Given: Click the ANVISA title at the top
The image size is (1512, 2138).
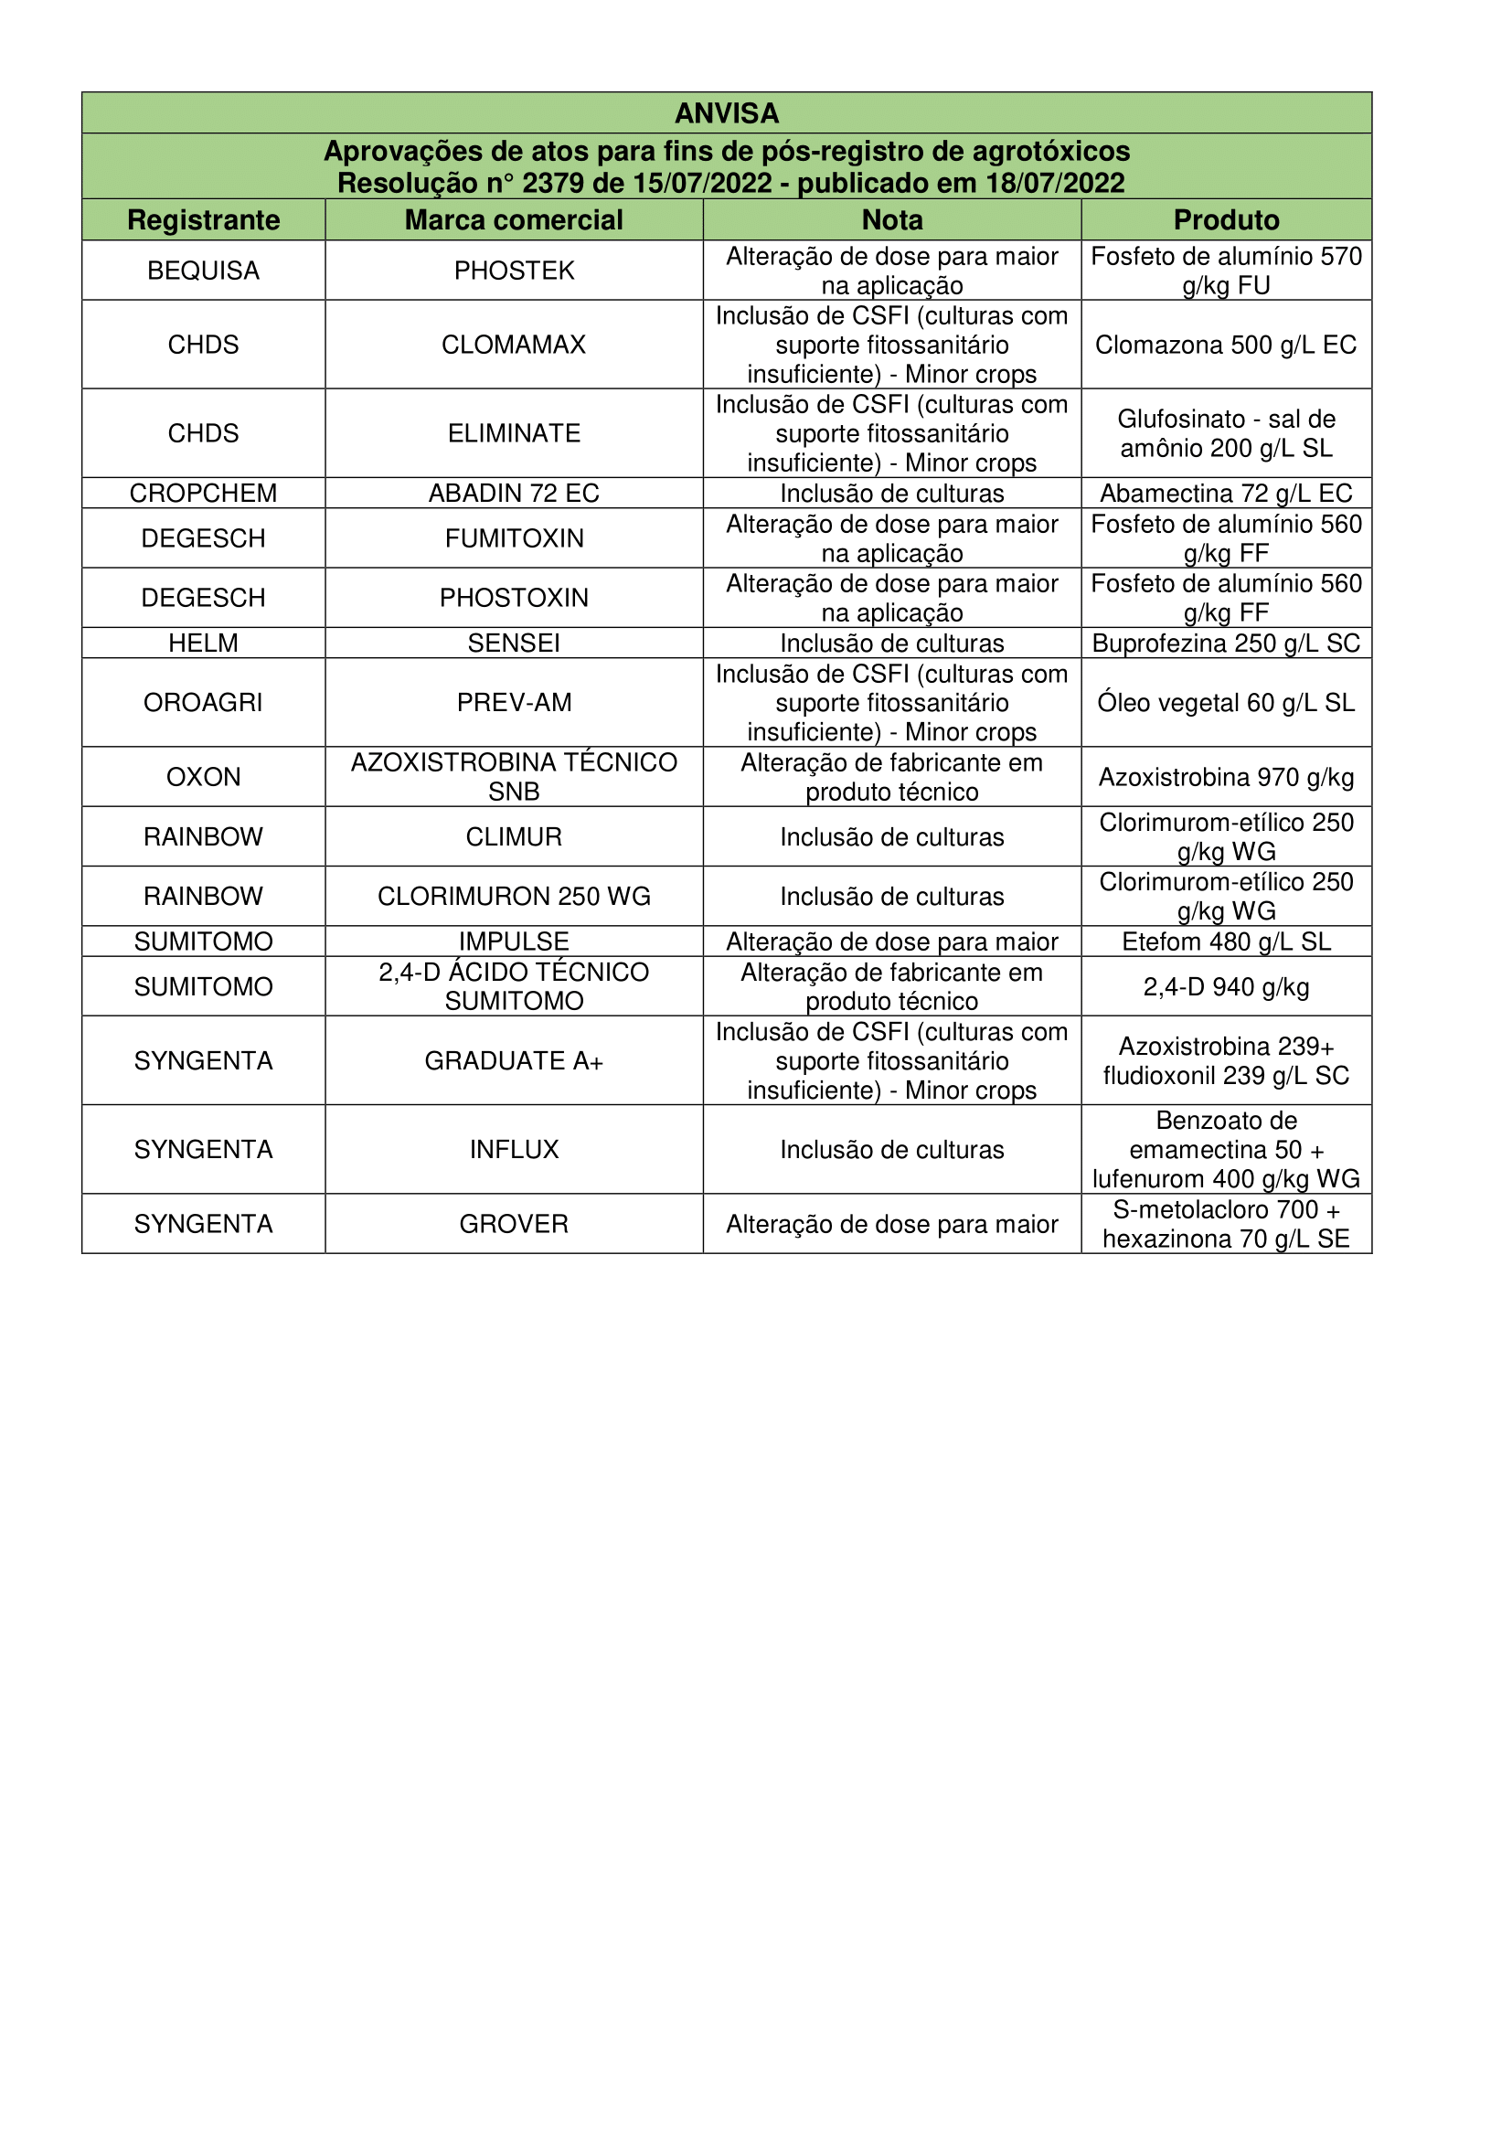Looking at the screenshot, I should (726, 113).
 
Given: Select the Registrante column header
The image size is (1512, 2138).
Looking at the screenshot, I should (203, 219).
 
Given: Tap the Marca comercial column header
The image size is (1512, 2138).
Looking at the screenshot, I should (514, 219).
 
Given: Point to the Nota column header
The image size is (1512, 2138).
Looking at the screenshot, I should (892, 219).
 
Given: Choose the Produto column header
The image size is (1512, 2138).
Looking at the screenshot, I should (1226, 219).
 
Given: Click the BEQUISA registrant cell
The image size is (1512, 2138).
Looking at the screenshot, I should (203, 270).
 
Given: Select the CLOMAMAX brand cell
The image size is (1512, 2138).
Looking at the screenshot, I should (514, 345).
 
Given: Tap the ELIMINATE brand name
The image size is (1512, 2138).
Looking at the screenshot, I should (514, 433).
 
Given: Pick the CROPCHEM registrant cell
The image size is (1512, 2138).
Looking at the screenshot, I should (203, 493).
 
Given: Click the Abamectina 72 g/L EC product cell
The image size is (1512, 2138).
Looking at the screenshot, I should (1226, 493).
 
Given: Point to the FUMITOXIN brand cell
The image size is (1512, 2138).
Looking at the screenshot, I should (514, 538).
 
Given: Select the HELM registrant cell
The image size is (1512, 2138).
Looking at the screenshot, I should (203, 643).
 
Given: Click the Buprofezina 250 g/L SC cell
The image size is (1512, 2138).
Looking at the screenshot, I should (1226, 643).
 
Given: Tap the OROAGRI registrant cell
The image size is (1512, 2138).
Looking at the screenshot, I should (203, 702).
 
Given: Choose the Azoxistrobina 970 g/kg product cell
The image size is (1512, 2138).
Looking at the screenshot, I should (1226, 777).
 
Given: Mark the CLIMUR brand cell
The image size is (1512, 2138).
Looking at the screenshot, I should (514, 836).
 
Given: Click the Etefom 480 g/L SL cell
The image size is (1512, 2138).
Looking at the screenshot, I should (1226, 941).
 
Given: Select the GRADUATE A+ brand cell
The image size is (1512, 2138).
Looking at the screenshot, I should (514, 1060).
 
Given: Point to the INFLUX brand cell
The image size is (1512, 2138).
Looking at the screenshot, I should (514, 1149).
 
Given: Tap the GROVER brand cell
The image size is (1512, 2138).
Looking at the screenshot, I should (514, 1224).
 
